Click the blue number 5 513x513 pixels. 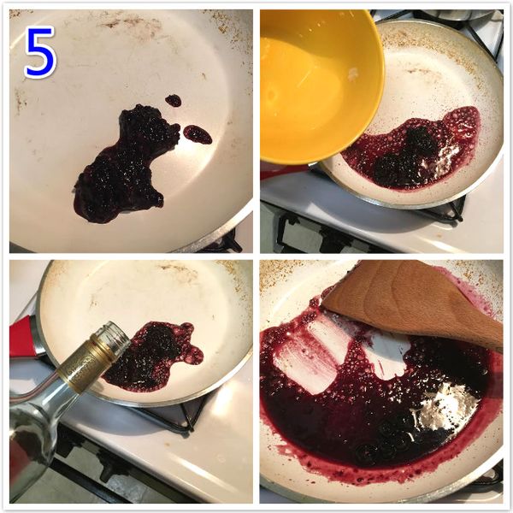(x=40, y=52)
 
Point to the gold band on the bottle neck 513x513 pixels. (x=85, y=363)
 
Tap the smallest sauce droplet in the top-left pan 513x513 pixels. (x=173, y=100)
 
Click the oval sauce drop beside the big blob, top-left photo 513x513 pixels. (x=198, y=134)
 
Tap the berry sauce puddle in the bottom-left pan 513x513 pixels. (x=153, y=357)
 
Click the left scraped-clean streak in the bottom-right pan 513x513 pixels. (x=311, y=357)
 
